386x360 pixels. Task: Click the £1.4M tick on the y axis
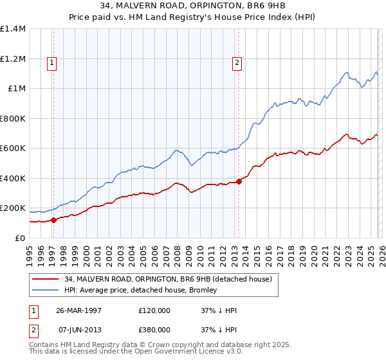pos(13,29)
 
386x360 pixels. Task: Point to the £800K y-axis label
pos(13,118)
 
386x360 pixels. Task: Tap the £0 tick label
pos(19,238)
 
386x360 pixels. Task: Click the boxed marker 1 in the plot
pos(51,62)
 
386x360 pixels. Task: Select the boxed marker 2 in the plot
pos(237,62)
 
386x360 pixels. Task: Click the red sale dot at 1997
pos(54,220)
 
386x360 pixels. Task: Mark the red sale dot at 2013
pos(239,181)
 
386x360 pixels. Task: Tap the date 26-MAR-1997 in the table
pos(79,310)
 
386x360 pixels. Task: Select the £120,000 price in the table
pos(154,310)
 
